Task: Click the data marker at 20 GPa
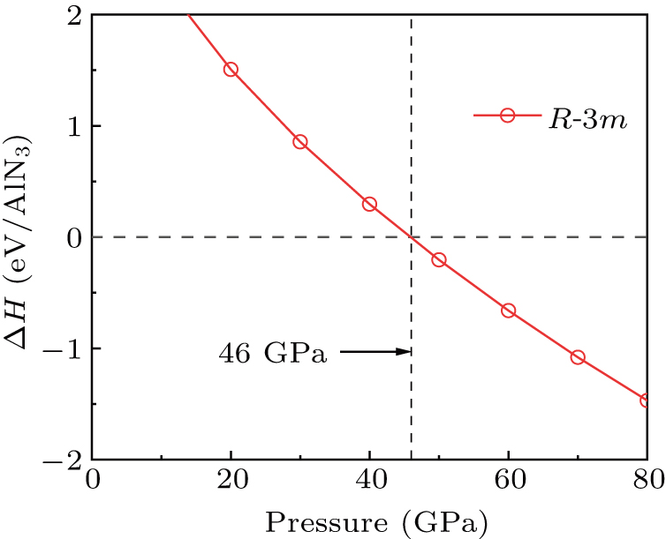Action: [231, 69]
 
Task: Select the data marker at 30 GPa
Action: [300, 142]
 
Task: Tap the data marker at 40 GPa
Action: [369, 204]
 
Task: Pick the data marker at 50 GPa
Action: [439, 259]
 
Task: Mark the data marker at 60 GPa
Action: [508, 311]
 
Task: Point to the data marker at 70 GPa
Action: [578, 356]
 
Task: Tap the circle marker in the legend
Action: [507, 116]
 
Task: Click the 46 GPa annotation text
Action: [273, 355]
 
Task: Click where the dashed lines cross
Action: [412, 236]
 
